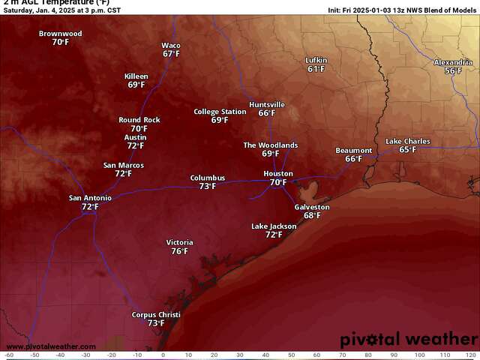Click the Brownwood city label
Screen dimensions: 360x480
pyautogui.click(x=60, y=34)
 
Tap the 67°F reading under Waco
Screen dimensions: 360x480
pyautogui.click(x=171, y=54)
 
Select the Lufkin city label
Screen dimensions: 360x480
pyautogui.click(x=316, y=60)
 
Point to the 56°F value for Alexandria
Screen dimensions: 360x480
pyautogui.click(x=453, y=70)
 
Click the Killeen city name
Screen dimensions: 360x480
pyautogui.click(x=136, y=76)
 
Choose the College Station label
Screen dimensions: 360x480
pyautogui.click(x=220, y=112)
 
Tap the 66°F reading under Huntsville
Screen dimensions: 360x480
pyautogui.click(x=267, y=113)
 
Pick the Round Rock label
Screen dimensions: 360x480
pyautogui.click(x=139, y=120)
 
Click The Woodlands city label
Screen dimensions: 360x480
pyautogui.click(x=271, y=145)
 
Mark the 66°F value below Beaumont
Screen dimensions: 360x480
pyautogui.click(x=353, y=159)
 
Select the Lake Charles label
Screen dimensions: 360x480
pyautogui.click(x=408, y=141)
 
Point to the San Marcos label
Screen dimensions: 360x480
pyautogui.click(x=123, y=165)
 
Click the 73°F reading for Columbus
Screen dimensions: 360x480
pyautogui.click(x=208, y=187)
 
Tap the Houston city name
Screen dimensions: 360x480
pyautogui.click(x=277, y=173)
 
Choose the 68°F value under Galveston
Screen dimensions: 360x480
pyautogui.click(x=312, y=215)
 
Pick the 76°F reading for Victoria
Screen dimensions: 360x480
pyautogui.click(x=179, y=251)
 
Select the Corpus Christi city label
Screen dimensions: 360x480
pyautogui.click(x=156, y=315)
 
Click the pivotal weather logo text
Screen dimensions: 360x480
pyautogui.click(x=407, y=340)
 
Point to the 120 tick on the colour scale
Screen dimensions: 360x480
pyautogui.click(x=470, y=355)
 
